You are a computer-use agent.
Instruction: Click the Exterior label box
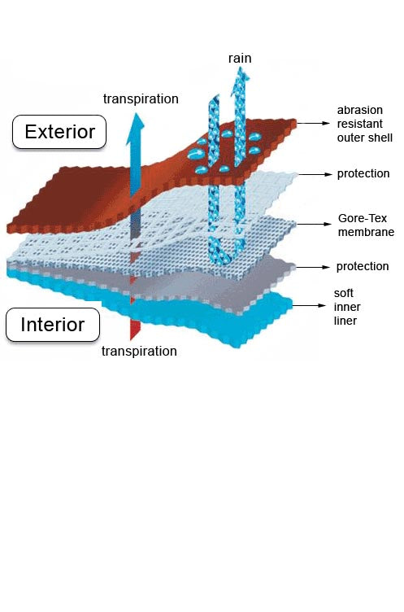[x=59, y=132]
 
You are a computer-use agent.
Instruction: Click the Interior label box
[x=53, y=325]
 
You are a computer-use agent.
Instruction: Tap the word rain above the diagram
[x=240, y=58]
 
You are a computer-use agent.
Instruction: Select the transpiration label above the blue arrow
[x=141, y=98]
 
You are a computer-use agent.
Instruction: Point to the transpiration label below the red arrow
[x=139, y=351]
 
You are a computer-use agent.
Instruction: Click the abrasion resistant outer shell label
[x=365, y=124]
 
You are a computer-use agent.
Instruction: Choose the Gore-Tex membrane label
[x=366, y=225]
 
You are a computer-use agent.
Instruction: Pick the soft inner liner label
[x=347, y=307]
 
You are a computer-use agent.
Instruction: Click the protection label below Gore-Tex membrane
[x=363, y=267]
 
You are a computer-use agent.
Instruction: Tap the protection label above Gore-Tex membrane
[x=363, y=173]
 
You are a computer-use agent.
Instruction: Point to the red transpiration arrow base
[x=135, y=330]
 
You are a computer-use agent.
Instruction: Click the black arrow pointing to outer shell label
[x=314, y=123]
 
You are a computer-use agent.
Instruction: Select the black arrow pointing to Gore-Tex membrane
[x=314, y=224]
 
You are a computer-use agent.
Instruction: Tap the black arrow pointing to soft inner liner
[x=308, y=305]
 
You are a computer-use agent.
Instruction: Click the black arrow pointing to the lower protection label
[x=313, y=267]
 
